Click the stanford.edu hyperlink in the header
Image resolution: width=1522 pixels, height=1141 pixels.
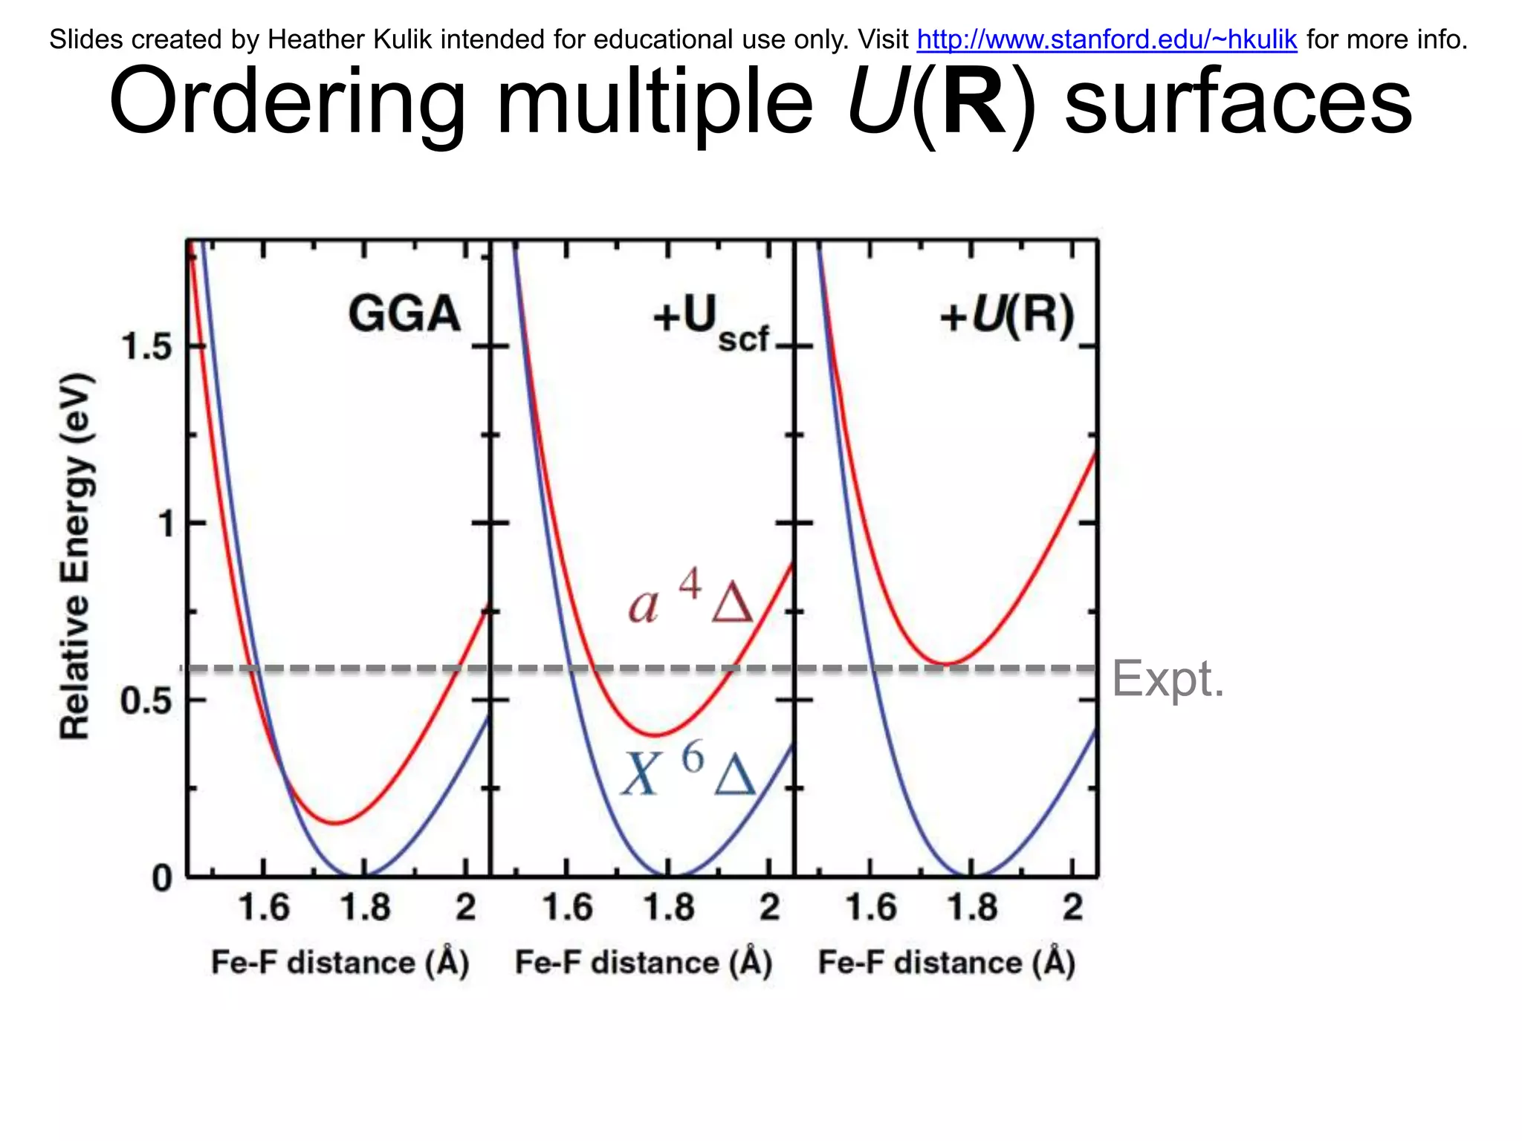click(1107, 39)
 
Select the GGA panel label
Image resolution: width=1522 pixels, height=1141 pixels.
click(404, 313)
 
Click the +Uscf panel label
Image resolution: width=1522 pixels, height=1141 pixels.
click(710, 322)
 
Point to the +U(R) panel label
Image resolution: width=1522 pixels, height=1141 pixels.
click(1007, 316)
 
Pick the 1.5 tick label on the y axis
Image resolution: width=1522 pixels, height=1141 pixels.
click(146, 347)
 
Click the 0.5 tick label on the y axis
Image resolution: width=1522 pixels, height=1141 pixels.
click(146, 700)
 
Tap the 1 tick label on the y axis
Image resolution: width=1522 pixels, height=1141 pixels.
click(166, 524)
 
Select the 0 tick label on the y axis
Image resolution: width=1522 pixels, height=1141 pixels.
click(162, 879)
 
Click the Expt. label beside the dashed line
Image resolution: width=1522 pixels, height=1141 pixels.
click(1168, 678)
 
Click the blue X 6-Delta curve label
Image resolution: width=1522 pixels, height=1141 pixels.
click(688, 773)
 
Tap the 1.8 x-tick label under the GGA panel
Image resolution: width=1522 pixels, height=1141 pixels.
click(365, 908)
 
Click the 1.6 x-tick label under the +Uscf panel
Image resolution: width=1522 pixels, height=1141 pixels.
click(568, 908)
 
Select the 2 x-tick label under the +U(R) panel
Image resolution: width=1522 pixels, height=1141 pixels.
click(1072, 908)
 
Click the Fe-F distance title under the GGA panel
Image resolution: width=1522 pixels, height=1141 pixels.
click(340, 963)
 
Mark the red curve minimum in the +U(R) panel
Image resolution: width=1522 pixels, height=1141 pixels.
click(945, 663)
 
